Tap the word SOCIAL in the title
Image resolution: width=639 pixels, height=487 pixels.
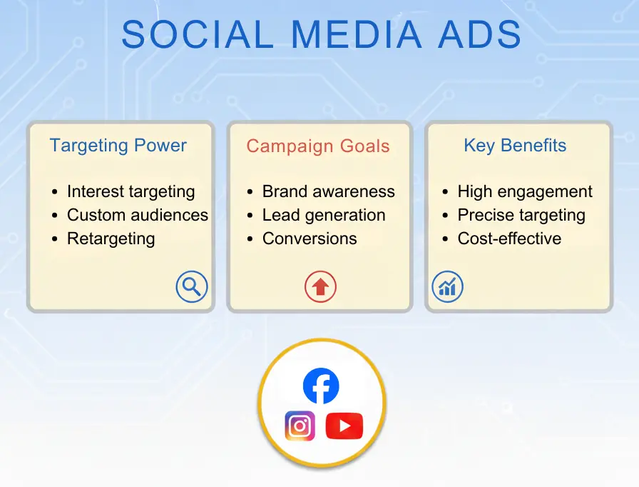195,34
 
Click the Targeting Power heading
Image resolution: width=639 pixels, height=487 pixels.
118,146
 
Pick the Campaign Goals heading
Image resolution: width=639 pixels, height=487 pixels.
318,146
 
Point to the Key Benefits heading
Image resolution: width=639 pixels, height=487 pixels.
515,146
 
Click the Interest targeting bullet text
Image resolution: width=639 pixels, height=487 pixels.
131,191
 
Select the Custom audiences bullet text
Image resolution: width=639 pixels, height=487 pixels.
138,215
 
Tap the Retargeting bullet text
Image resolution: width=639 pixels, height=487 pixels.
111,239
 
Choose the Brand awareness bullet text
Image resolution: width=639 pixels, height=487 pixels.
328,191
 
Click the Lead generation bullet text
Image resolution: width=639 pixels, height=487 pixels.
324,215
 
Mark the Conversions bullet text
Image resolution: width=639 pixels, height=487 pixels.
310,239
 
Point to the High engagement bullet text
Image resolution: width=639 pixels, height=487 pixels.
525,191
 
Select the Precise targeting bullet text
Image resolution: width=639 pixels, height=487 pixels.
521,215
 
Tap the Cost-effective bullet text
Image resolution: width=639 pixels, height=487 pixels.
509,239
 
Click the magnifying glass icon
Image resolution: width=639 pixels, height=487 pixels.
191,287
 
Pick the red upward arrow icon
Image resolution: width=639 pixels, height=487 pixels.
320,287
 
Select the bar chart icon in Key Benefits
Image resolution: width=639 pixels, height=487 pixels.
448,287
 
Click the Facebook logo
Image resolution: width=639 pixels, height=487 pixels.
321,386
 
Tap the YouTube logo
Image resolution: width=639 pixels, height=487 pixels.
344,426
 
